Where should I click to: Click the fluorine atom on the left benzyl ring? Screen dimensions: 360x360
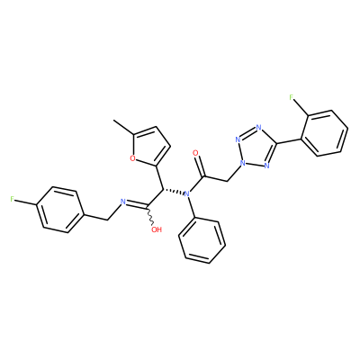[12, 199]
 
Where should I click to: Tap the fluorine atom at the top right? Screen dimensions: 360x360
[292, 97]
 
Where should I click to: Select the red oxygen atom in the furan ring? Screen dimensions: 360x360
[132, 158]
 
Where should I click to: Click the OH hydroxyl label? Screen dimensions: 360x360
[157, 229]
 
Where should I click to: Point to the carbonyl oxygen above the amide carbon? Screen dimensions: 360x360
[195, 153]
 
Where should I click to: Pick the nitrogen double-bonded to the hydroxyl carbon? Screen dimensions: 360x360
[122, 202]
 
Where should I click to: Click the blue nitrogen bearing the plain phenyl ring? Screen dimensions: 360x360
[187, 194]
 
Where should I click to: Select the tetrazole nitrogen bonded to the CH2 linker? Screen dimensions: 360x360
[242, 164]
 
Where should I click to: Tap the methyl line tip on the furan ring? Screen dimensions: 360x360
[113, 121]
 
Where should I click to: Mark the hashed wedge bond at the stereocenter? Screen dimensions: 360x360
[174, 191]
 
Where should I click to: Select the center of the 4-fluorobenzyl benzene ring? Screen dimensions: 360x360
[60, 210]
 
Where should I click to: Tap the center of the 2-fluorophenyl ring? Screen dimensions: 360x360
[324, 133]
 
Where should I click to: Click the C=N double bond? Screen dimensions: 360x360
[137, 204]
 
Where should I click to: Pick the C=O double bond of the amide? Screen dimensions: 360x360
[201, 166]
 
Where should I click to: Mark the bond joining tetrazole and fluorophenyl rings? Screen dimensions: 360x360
[288, 140]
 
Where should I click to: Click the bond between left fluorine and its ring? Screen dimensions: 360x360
[25, 202]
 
